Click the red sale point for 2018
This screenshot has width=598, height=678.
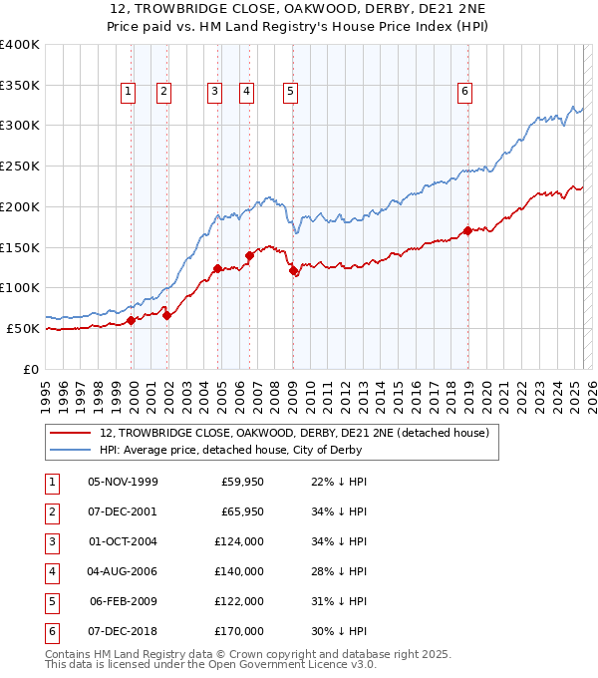(467, 231)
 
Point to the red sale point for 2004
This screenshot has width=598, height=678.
(217, 268)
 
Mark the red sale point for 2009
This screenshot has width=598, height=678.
(293, 270)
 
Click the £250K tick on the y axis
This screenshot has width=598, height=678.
(20, 167)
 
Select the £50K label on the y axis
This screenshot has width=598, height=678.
(23, 328)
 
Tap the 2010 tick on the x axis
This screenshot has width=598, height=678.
(310, 388)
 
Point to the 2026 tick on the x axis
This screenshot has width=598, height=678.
(592, 388)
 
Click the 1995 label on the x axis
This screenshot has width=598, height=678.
(46, 388)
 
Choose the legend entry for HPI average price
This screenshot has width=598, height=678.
(230, 450)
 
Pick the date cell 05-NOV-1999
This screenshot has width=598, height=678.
(123, 483)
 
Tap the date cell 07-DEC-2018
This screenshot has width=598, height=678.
(123, 631)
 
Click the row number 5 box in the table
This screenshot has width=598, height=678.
(51, 601)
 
